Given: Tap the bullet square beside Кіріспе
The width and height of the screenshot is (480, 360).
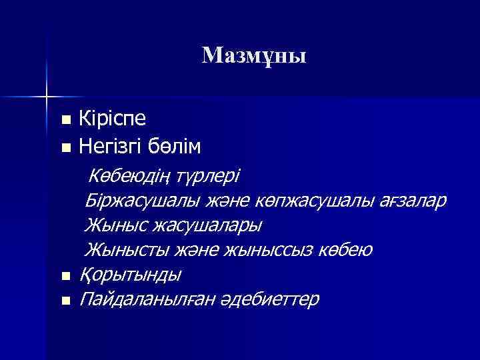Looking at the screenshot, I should pos(65,121).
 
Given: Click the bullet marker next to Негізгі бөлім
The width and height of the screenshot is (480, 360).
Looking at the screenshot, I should pos(65,146).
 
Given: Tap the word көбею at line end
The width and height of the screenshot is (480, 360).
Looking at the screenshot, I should pos(345,250).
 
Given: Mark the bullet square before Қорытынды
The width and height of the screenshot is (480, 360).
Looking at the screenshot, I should pos(65,275).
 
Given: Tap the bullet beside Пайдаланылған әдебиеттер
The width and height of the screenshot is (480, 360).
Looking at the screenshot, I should pos(65,301).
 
